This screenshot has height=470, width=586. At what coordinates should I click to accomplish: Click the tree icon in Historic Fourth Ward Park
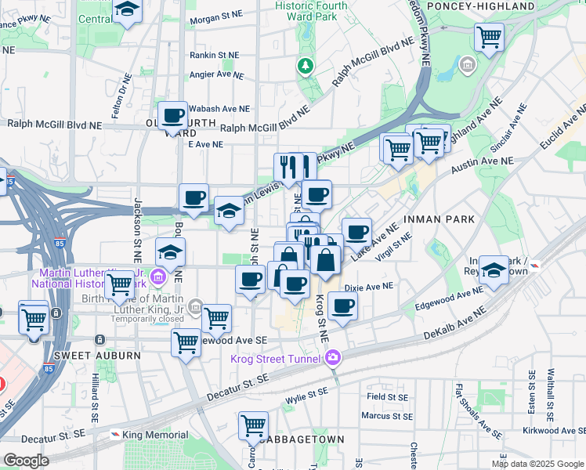click(x=305, y=67)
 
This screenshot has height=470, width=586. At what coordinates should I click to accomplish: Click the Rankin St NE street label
click(x=214, y=55)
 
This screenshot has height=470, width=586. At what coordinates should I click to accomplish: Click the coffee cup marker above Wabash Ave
click(x=173, y=117)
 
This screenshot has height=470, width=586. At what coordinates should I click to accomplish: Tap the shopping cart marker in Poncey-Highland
click(x=489, y=36)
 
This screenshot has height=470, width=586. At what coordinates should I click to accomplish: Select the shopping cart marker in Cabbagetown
click(x=253, y=426)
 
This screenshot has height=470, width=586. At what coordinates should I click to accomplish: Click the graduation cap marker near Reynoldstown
click(x=494, y=270)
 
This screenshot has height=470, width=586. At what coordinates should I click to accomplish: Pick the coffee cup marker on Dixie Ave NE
click(x=342, y=306)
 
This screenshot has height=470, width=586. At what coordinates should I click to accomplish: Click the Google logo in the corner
click(x=26, y=461)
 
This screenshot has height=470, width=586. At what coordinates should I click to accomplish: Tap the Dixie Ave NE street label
click(x=368, y=287)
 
